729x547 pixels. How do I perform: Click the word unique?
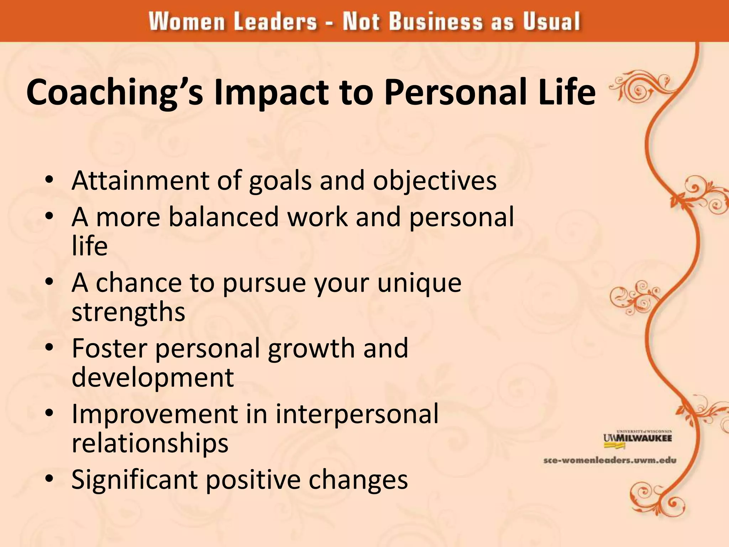coord(419,283)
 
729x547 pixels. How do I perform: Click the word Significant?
coord(134,480)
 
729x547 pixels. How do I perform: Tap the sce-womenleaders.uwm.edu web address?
coord(609,460)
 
